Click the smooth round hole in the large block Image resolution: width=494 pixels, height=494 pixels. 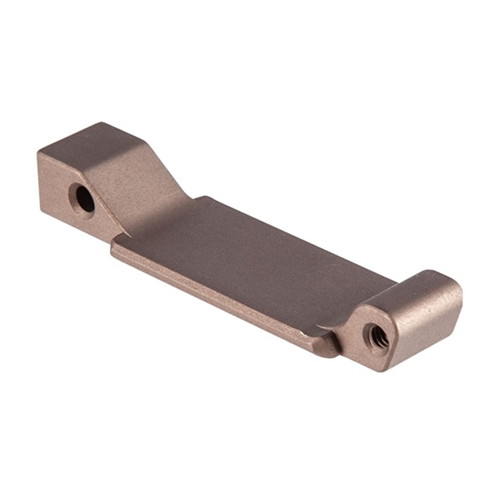pos(82,198)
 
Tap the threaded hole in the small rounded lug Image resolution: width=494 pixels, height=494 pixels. pos(378,338)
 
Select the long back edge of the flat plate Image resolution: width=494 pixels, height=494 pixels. pos(300,237)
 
